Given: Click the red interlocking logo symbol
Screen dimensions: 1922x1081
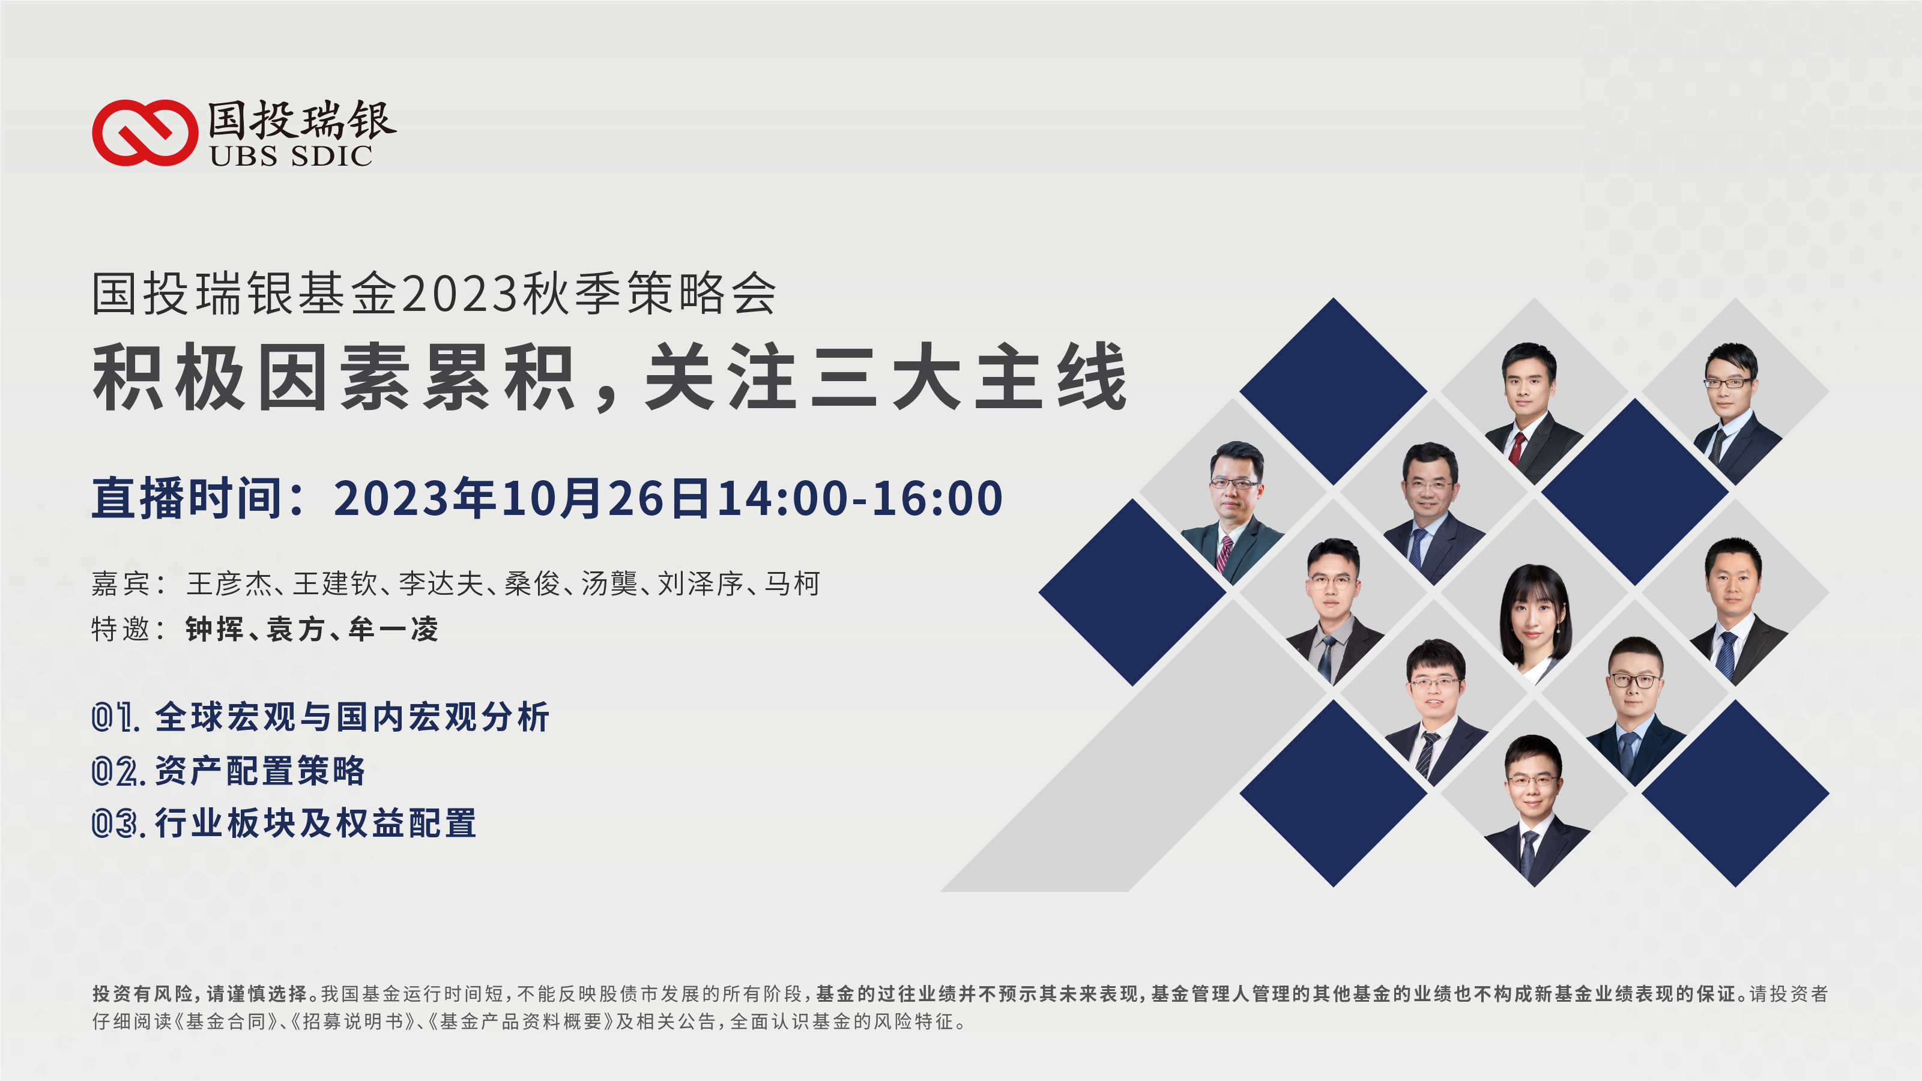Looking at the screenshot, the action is pyautogui.click(x=145, y=133).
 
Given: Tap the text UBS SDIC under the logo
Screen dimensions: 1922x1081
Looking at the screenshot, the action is pyautogui.click(x=291, y=157).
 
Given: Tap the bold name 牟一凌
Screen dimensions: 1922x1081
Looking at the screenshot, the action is pyautogui.click(x=393, y=630).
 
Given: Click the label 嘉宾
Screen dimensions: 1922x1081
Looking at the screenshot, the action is pyautogui.click(x=120, y=583).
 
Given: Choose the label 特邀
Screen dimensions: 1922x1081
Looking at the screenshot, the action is pyautogui.click(x=120, y=630).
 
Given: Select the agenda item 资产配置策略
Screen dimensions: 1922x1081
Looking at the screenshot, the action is pyautogui.click(x=259, y=771).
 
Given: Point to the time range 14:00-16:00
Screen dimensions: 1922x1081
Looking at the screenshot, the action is pyautogui.click(x=860, y=498).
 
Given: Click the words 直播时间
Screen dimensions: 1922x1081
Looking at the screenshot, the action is pyautogui.click(x=187, y=498).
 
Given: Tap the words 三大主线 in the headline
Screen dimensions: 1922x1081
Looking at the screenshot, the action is pyautogui.click(x=969, y=377).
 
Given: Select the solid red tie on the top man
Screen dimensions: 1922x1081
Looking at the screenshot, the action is pyautogui.click(x=1517, y=448).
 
